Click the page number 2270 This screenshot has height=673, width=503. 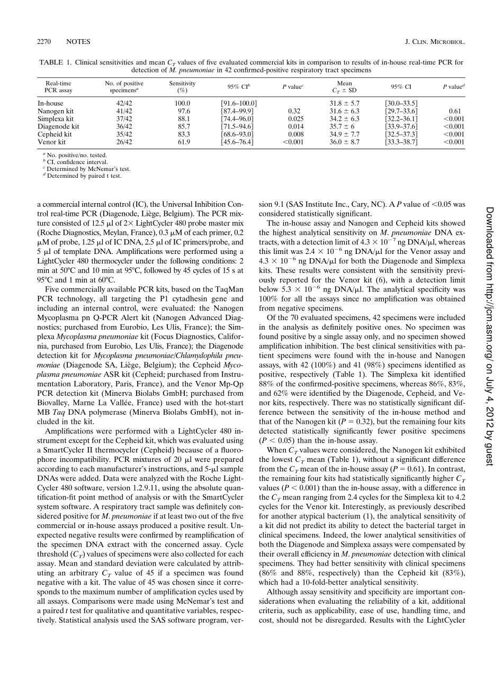tap(44, 42)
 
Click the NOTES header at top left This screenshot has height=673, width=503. tap(78, 42)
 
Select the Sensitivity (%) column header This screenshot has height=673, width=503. tap(182, 87)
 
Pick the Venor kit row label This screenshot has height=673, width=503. tap(51, 142)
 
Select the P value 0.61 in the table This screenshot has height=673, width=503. tap(450, 111)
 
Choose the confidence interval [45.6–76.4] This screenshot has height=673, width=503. tap(237, 142)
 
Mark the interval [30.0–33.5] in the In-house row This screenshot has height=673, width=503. tap(401, 103)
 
